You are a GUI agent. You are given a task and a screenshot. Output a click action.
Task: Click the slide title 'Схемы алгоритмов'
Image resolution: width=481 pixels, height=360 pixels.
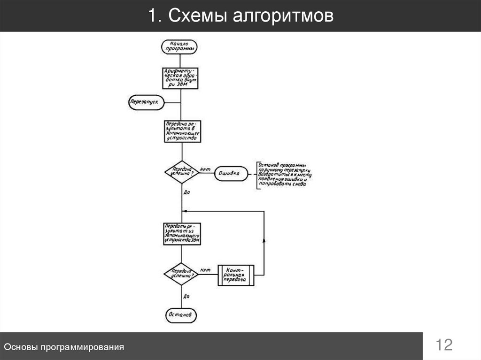240,16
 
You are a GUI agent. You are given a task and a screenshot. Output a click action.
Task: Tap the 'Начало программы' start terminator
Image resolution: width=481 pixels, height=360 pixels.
179,47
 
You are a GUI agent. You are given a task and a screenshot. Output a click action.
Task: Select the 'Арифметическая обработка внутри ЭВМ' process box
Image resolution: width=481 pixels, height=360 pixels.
181,77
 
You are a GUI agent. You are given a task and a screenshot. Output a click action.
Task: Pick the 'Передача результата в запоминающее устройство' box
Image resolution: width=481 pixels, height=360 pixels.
182,131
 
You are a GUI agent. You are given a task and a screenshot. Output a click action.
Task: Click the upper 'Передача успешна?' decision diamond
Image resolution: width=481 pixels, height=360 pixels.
182,172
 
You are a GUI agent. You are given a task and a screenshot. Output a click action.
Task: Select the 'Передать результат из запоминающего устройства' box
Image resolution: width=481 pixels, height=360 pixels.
182,234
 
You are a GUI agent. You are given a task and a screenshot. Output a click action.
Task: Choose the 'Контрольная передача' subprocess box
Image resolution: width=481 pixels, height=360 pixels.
236,275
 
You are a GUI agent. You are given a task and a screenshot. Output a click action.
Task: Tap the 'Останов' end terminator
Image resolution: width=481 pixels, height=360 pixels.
181,314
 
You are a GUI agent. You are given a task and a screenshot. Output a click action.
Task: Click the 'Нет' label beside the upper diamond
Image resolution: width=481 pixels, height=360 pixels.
205,169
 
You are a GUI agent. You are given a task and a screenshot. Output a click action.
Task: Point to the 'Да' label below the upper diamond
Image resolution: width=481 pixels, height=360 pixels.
186,192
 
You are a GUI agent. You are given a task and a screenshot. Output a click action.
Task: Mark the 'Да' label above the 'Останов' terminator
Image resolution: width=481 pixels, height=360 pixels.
186,296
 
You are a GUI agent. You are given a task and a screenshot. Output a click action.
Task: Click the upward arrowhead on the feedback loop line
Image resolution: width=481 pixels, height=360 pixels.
264,240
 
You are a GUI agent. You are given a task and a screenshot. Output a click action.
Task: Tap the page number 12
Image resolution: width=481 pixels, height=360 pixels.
444,346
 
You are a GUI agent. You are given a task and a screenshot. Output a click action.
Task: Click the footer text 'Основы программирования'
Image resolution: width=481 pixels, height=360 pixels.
64,347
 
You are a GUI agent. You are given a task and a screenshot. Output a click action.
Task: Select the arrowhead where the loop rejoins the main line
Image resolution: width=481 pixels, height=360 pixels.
185,211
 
